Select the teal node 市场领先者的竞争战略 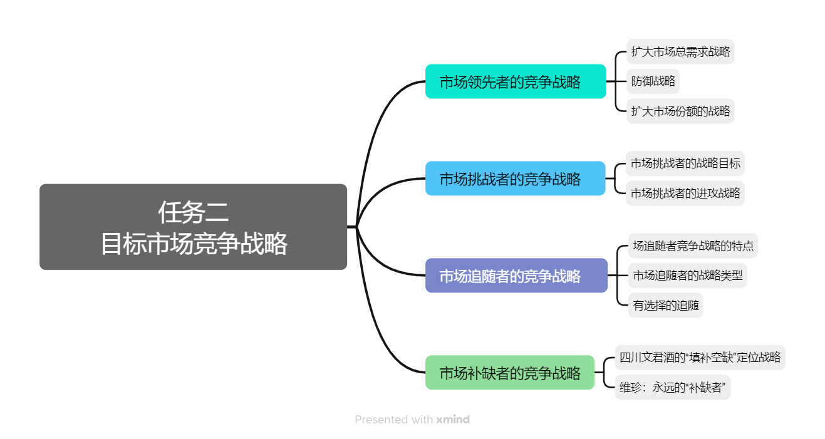pyautogui.click(x=515, y=81)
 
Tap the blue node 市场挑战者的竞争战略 pyautogui.click(x=515, y=178)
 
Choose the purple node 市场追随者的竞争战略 pyautogui.click(x=516, y=276)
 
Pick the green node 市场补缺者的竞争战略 pyautogui.click(x=509, y=373)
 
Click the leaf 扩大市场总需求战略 pyautogui.click(x=680, y=51)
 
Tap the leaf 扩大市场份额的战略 pyautogui.click(x=680, y=111)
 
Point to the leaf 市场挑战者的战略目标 pyautogui.click(x=685, y=163)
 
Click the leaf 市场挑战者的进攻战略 pyautogui.click(x=685, y=193)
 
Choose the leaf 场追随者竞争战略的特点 pyautogui.click(x=693, y=245)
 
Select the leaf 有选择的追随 pyautogui.click(x=665, y=306)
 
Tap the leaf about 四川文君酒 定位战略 pyautogui.click(x=700, y=358)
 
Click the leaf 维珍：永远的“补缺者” pyautogui.click(x=672, y=388)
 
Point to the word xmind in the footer pyautogui.click(x=453, y=420)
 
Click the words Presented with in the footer pyautogui.click(x=393, y=420)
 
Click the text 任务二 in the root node pyautogui.click(x=193, y=213)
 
